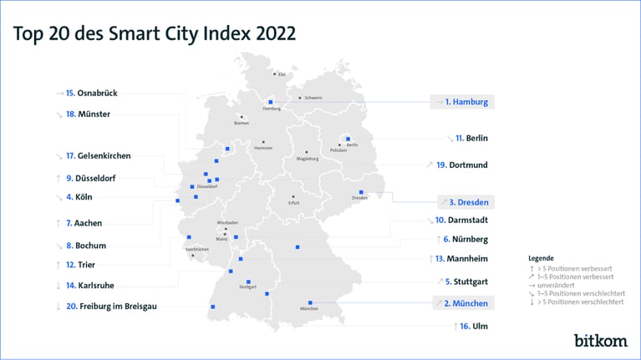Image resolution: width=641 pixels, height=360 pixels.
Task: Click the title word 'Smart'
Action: tap(155, 33)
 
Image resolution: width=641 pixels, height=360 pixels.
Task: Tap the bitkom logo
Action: tap(600, 340)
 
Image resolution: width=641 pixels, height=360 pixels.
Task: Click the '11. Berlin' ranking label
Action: tap(471, 138)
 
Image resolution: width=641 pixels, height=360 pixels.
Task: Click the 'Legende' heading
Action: tap(541, 258)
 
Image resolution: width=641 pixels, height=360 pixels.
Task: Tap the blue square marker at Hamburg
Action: tap(270, 102)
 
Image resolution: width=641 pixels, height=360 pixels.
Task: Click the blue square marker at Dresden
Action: tap(361, 191)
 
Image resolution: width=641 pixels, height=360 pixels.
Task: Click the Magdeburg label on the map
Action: tap(308, 159)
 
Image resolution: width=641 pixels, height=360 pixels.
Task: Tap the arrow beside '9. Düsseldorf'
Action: tap(58, 178)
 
